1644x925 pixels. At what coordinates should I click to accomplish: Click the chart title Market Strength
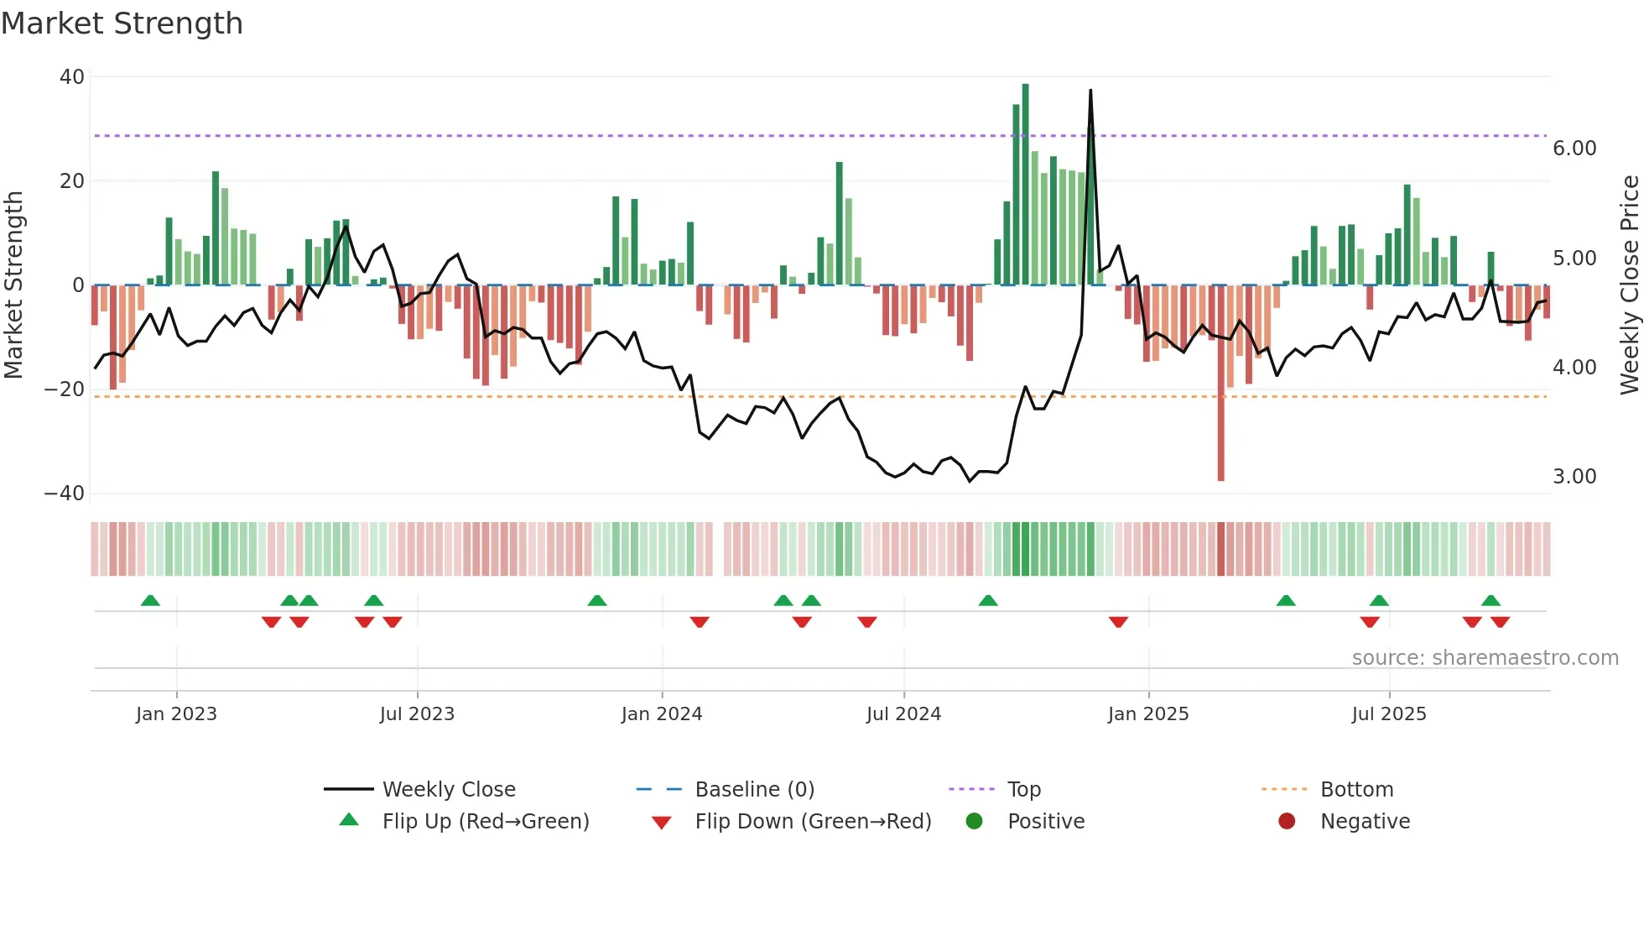coord(122,24)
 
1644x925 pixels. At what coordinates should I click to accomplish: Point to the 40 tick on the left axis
coord(72,77)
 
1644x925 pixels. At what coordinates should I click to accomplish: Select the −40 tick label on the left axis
coord(65,494)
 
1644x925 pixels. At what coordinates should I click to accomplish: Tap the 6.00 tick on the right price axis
coord(1574,149)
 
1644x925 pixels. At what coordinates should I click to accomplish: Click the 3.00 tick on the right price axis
coord(1574,477)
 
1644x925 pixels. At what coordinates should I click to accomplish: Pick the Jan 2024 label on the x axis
coord(661,714)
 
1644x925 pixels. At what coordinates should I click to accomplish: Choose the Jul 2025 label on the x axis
coord(1388,714)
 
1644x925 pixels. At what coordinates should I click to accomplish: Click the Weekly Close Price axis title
coord(1629,285)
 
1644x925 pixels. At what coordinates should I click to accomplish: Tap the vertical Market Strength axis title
coord(13,285)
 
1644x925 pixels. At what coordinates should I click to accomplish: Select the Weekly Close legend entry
coord(448,790)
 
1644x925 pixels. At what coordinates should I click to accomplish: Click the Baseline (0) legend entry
coord(754,790)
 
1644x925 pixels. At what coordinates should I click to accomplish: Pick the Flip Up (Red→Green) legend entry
coord(485,822)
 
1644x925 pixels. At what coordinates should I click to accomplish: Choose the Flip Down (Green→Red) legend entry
coord(812,822)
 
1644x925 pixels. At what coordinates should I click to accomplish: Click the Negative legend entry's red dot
coord(1287,822)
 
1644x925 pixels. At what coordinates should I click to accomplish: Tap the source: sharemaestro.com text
coord(1485,658)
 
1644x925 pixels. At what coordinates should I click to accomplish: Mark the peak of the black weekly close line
coord(1090,91)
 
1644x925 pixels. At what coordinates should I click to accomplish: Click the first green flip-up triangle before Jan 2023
coord(150,601)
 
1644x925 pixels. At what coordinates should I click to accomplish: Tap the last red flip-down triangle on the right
coord(1500,622)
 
